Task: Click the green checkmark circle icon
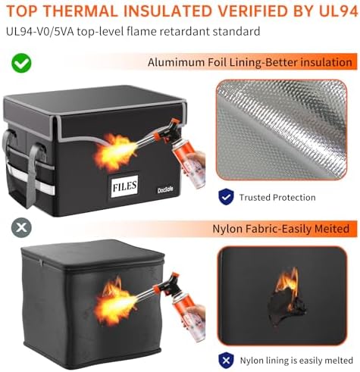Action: [x=21, y=63]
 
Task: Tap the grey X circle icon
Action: [x=21, y=227]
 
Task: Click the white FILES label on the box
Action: [x=124, y=186]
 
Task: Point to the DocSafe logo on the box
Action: [x=165, y=189]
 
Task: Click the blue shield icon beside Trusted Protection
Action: [x=226, y=197]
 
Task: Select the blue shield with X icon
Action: [x=226, y=360]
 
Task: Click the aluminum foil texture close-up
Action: [x=281, y=130]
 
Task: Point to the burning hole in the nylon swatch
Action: [x=286, y=299]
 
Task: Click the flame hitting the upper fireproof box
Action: [x=114, y=152]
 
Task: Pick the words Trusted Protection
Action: [x=277, y=197]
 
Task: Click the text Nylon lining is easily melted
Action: [x=296, y=361]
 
